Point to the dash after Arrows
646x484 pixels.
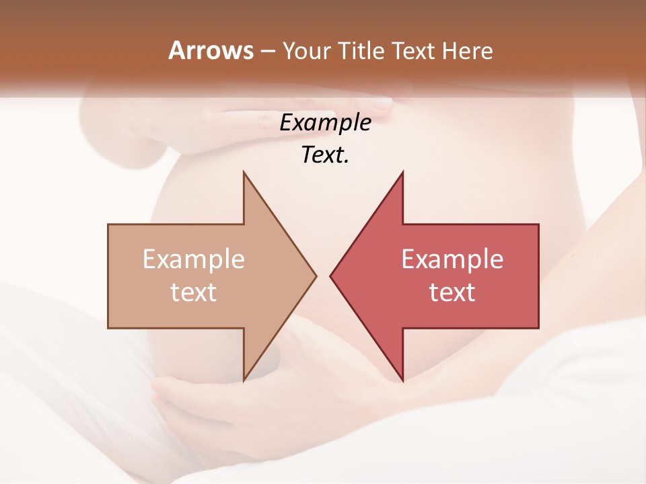pos(267,52)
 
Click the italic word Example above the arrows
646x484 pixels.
pos(325,122)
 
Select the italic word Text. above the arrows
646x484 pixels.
pos(325,155)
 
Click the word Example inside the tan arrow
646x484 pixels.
pos(193,259)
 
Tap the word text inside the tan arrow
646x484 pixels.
pos(193,292)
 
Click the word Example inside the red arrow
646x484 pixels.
pos(452,259)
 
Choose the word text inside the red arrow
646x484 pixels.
pos(452,292)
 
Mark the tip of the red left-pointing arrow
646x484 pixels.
pos(331,276)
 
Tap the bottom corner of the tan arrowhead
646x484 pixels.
pos(244,380)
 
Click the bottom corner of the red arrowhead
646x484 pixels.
pos(402,380)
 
